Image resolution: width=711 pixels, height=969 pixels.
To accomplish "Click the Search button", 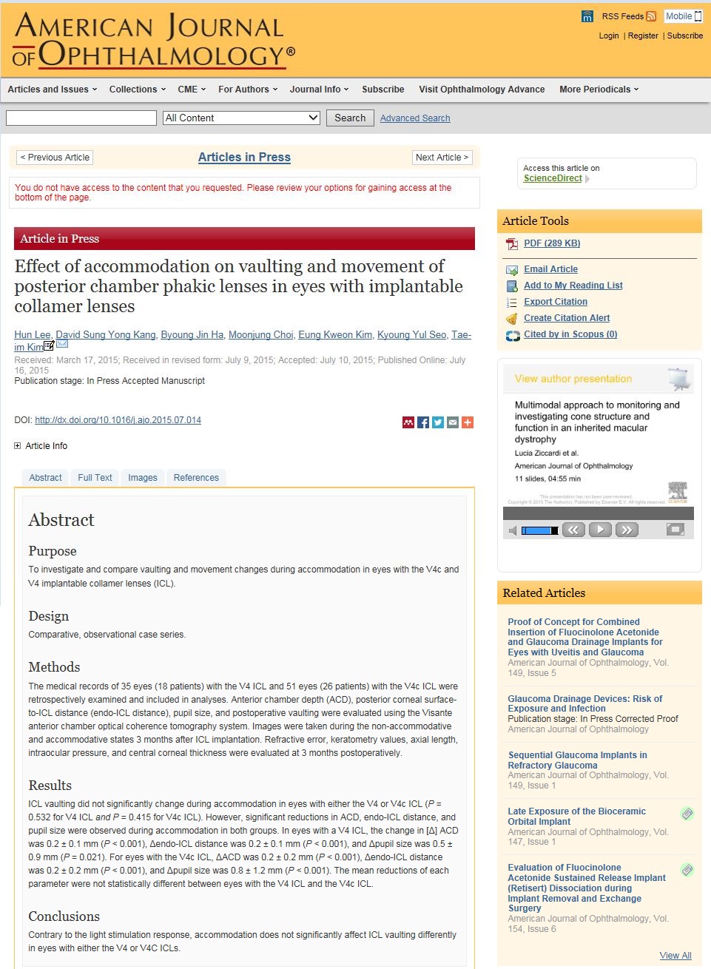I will click(x=350, y=118).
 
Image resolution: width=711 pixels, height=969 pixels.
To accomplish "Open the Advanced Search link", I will click(x=414, y=118).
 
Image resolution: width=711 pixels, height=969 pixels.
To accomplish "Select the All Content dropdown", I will click(x=241, y=118).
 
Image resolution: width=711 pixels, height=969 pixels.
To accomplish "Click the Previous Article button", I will click(x=55, y=158).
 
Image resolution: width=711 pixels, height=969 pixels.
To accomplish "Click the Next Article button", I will click(x=442, y=158).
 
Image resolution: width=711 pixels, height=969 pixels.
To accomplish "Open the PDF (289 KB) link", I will click(x=551, y=243).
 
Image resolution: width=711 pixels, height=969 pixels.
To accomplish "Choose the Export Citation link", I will click(x=555, y=302).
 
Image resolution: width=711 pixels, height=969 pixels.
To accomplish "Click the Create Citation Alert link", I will click(x=567, y=318).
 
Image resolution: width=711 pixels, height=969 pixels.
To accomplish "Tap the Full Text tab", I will click(x=95, y=478).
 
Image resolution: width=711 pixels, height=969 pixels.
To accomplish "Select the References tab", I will click(x=196, y=478).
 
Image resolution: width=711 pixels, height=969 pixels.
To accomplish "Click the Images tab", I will click(x=142, y=478).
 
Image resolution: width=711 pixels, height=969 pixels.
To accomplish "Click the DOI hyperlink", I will click(x=118, y=420).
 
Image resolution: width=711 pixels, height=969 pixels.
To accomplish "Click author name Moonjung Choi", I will click(x=260, y=335).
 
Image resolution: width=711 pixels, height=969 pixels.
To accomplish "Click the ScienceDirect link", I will click(x=553, y=178).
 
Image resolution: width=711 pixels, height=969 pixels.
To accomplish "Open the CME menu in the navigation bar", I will click(x=191, y=90).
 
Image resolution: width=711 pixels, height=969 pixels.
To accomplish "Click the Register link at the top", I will click(x=642, y=36).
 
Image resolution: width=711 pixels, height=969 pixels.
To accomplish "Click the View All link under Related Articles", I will click(x=675, y=956).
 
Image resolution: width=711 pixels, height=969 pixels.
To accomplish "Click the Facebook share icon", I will click(x=423, y=422).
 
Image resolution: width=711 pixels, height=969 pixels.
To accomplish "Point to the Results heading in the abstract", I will click(x=50, y=786).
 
